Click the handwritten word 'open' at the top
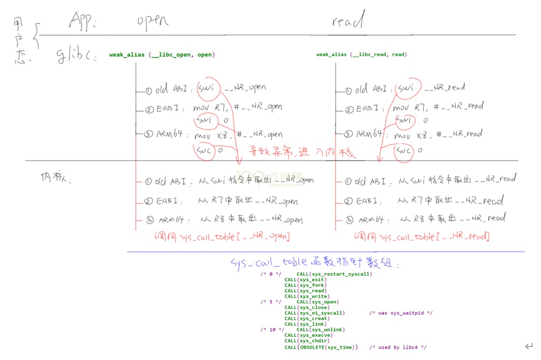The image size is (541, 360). point(153,20)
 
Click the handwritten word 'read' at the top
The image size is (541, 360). point(348,21)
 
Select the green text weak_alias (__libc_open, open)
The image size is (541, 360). point(162,55)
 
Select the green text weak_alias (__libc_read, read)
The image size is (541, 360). point(361,55)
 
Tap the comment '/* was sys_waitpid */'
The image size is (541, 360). point(401,313)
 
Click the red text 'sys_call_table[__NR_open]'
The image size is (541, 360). point(236,237)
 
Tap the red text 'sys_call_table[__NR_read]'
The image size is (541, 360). point(435,237)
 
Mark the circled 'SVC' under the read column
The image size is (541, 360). point(404,150)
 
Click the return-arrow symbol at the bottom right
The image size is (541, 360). point(529,346)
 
